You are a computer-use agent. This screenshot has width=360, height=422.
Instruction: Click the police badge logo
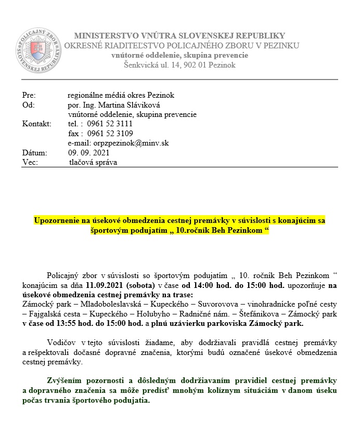[x=37, y=51]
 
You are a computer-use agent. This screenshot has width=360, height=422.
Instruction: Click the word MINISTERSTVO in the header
[x=104, y=36]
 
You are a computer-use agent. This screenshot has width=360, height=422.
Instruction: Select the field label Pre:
[x=29, y=95]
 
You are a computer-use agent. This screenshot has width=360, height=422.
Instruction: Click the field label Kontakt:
[x=36, y=124]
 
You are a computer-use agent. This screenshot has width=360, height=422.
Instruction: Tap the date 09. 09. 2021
[x=88, y=153]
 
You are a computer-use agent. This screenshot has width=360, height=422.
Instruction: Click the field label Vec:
[x=29, y=162]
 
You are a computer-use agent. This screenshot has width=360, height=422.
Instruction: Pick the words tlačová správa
[x=94, y=162]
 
